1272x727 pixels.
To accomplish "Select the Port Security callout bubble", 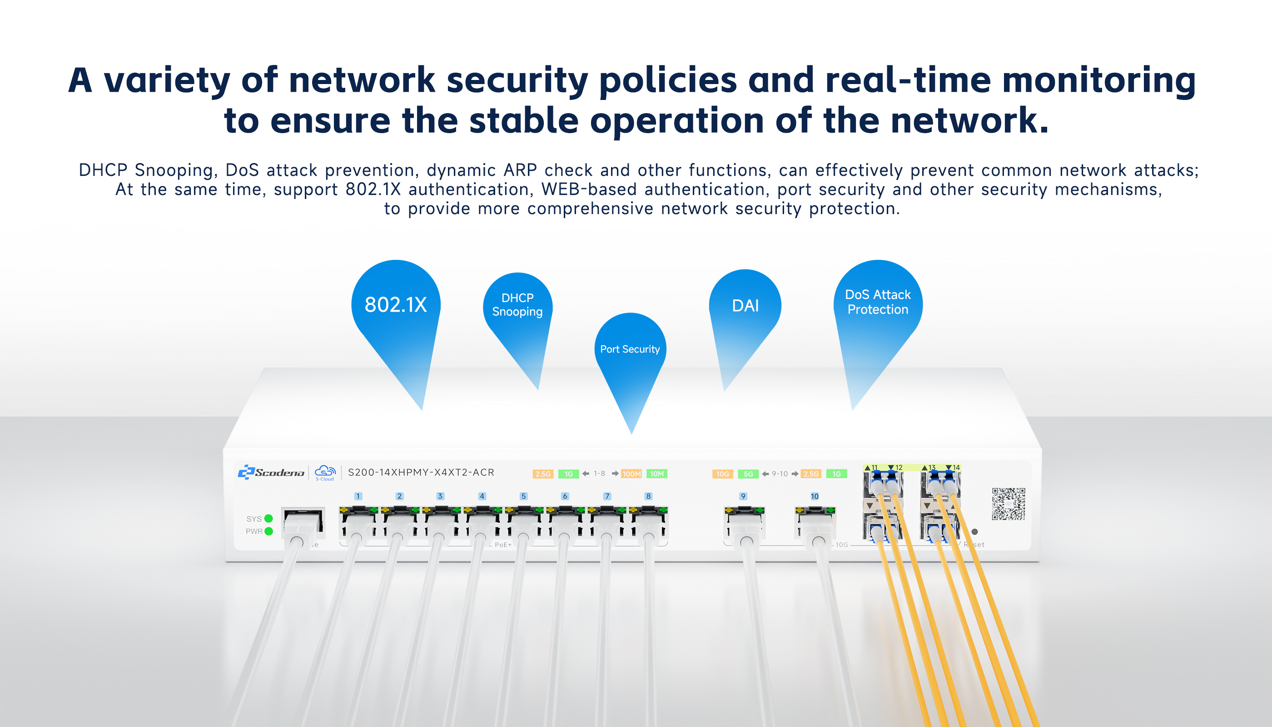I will (x=630, y=349).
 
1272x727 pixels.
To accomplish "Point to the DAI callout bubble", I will (x=745, y=306).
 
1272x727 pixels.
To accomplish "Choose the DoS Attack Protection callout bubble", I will (x=878, y=302).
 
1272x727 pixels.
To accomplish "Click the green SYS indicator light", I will (x=268, y=518).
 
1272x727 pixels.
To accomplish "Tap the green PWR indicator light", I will (x=268, y=531).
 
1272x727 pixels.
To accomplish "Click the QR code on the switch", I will (x=1008, y=504).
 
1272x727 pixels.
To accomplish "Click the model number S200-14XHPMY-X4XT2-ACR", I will (x=421, y=473).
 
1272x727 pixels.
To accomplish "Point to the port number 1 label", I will (x=358, y=496).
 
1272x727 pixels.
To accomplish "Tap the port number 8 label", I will (x=648, y=496).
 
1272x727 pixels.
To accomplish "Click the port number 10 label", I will (x=815, y=496).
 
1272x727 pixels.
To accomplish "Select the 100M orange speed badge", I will (x=631, y=474).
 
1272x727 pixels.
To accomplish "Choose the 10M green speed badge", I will (x=657, y=474).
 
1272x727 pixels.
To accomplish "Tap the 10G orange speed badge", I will (x=722, y=474).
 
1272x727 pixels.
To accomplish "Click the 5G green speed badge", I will (x=748, y=474).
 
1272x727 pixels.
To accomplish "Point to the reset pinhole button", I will (x=974, y=532).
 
